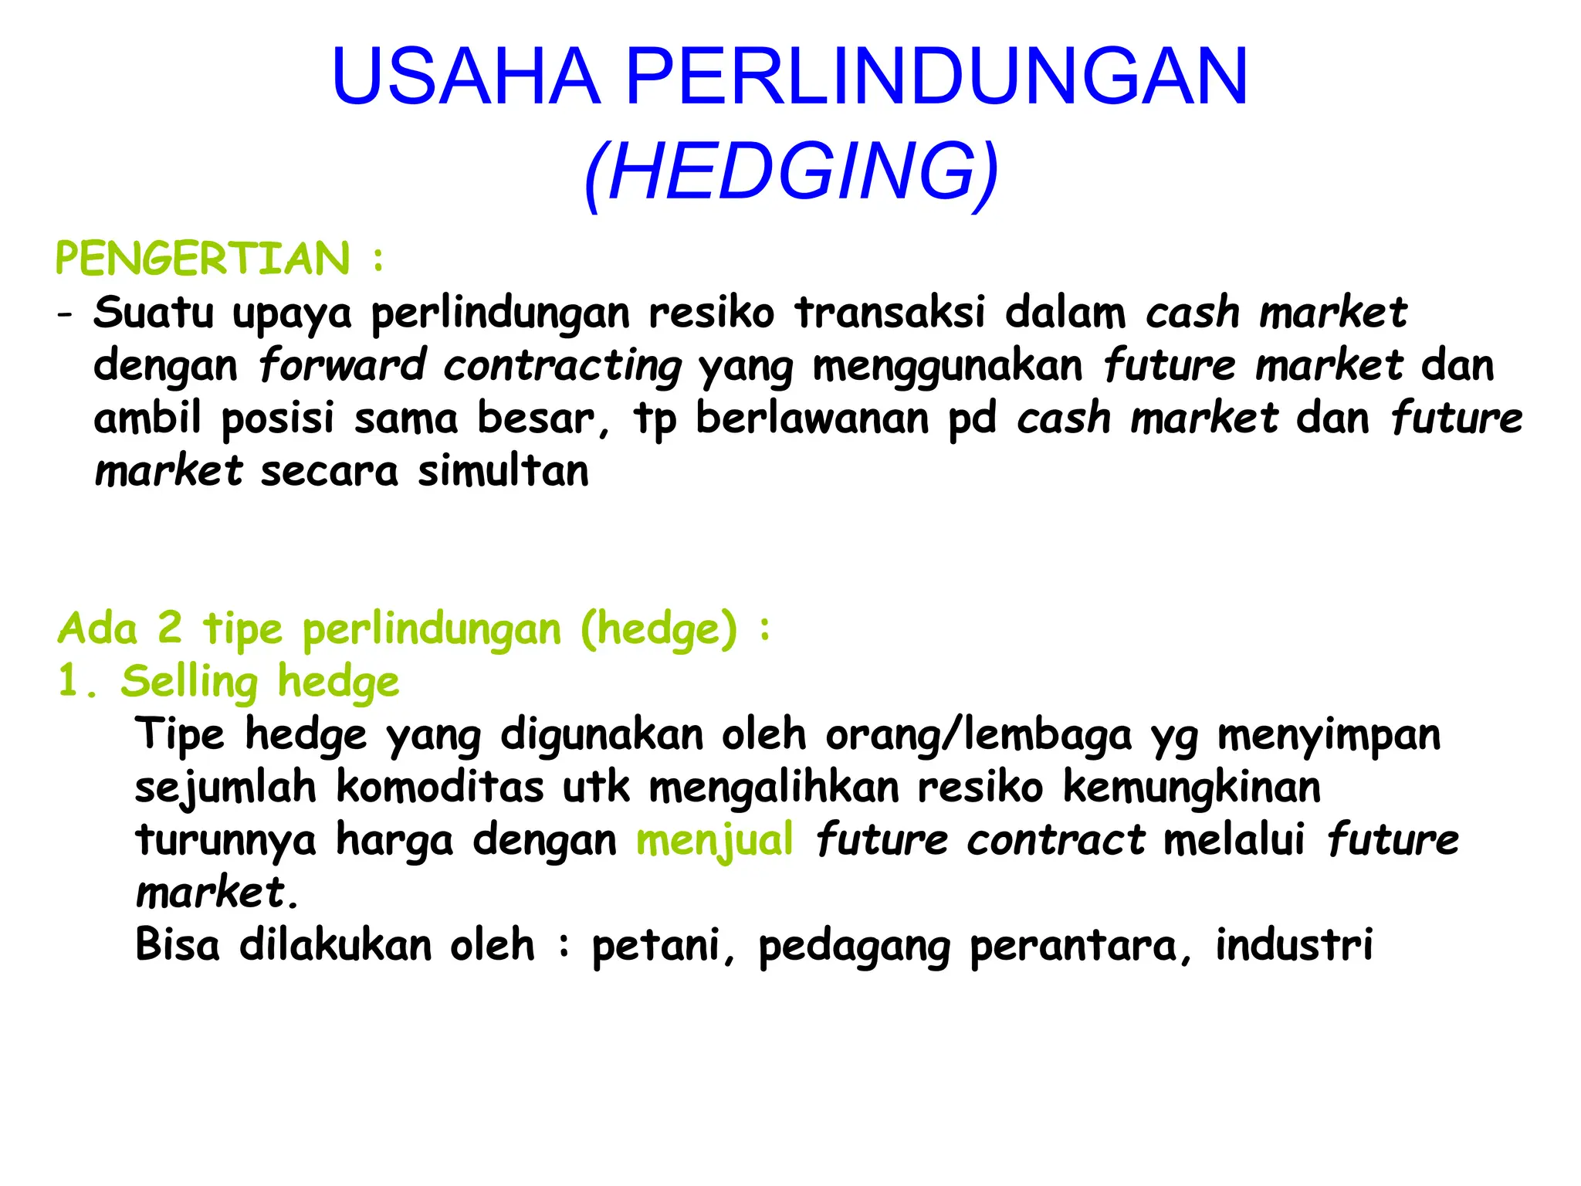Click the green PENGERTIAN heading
(203, 259)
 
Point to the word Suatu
(154, 313)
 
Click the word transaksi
(890, 313)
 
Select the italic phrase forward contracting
(470, 366)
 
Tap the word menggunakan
(948, 366)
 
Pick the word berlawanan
(812, 418)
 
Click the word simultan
(503, 471)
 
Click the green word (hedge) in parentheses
(659, 629)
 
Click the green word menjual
(715, 840)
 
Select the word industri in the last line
(1294, 945)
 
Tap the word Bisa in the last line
(177, 945)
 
